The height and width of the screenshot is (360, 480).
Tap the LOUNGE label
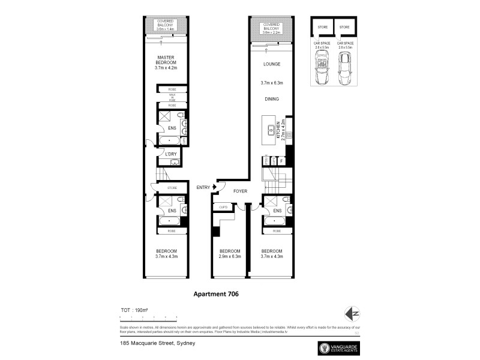272,64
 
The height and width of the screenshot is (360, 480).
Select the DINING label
272,100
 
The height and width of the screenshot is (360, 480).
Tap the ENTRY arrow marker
213,188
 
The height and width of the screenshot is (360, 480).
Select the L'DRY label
171,154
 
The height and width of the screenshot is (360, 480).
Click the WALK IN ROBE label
172,97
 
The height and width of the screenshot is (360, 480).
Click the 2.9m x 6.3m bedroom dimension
230,257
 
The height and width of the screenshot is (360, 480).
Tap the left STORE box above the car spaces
322,27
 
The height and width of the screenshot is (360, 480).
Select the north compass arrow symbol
353,314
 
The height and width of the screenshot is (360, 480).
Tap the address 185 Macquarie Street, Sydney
155,343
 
